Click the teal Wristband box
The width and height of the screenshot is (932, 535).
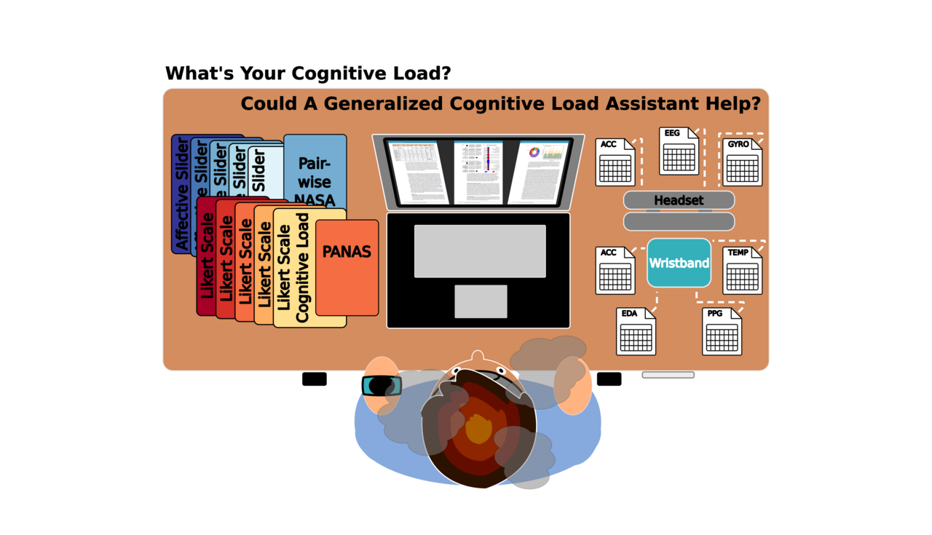tap(679, 263)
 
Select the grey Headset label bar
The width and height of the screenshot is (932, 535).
tap(679, 200)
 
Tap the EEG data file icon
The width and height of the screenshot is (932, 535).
tap(679, 151)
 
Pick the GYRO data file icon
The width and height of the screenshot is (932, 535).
tap(743, 162)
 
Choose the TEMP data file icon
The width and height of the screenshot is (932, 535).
tap(742, 271)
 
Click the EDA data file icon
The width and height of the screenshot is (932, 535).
tap(636, 332)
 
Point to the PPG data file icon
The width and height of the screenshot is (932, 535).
tap(722, 332)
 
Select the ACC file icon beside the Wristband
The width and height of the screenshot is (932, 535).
tap(615, 271)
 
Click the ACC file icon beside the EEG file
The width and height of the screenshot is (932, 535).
tap(615, 162)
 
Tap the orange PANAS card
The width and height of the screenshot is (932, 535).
tap(347, 268)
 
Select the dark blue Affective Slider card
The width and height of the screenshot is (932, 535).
tap(181, 194)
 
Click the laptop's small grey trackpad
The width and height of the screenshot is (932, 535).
tap(481, 301)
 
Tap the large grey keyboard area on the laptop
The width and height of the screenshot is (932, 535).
tap(480, 251)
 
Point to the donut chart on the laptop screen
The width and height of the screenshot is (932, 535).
tap(535, 153)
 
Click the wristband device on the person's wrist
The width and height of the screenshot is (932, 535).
tap(381, 386)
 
